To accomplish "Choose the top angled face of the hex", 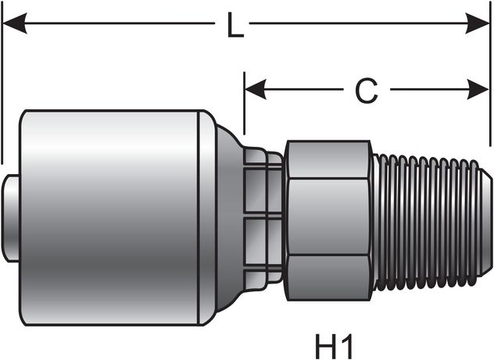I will [x=328, y=159].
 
